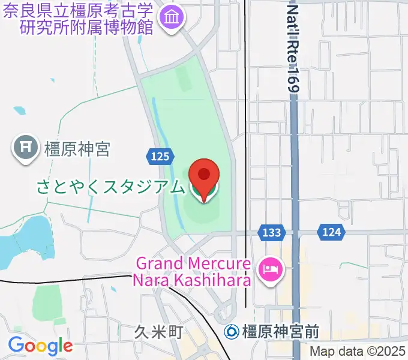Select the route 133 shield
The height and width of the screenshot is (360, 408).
(x=268, y=232)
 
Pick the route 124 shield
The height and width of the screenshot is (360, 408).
(x=331, y=232)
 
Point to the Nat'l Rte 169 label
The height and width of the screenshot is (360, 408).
(x=292, y=48)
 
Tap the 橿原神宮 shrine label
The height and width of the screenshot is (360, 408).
(x=77, y=148)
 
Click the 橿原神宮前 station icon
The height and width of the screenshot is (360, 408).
(x=232, y=331)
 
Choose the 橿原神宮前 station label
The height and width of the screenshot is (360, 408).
(x=280, y=331)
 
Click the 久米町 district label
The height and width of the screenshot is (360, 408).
(x=158, y=332)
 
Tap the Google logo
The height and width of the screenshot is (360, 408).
(x=40, y=346)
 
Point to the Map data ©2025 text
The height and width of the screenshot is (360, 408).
(x=357, y=352)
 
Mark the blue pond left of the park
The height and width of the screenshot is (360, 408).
(x=21, y=240)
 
